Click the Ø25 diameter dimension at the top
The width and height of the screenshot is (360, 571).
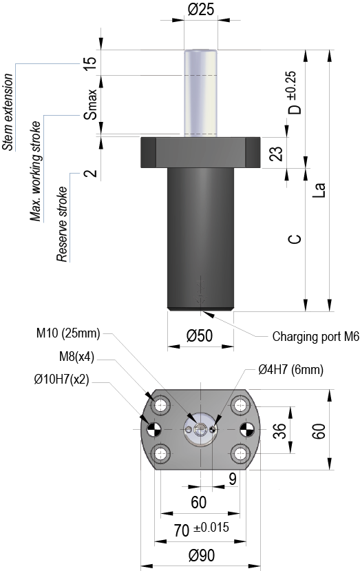200,10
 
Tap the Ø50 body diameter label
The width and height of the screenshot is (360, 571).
199,335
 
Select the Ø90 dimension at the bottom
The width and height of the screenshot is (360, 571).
202,555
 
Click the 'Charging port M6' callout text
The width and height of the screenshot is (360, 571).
315,337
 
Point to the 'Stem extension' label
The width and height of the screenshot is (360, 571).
8,112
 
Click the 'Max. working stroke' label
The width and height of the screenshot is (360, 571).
35,172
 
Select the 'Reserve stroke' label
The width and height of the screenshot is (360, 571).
62,224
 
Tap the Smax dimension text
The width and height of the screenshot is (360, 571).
90,104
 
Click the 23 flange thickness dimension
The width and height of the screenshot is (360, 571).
277,154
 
